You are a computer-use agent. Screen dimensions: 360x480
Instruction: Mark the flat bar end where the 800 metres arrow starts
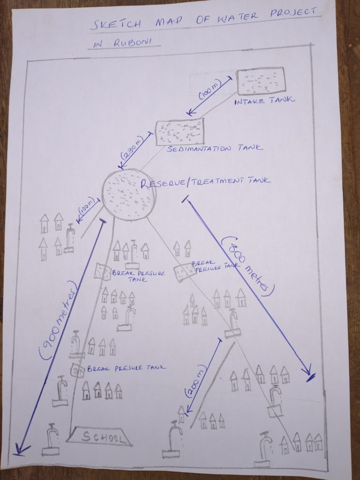pyautogui.click(x=186, y=199)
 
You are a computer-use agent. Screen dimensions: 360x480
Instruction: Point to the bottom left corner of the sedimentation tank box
pyautogui.click(x=157, y=145)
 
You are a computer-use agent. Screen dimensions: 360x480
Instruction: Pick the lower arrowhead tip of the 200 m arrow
pyautogui.click(x=187, y=412)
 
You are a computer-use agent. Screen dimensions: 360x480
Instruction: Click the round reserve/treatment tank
pyautogui.click(x=128, y=195)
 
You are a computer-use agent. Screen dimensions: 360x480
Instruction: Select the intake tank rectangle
pyautogui.click(x=261, y=81)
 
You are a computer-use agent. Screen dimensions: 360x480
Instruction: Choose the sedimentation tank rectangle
pyautogui.click(x=180, y=132)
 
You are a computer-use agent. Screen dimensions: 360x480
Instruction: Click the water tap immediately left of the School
pyautogui.click(x=51, y=440)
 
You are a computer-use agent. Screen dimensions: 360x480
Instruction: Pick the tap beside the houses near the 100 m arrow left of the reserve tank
pyautogui.click(x=69, y=238)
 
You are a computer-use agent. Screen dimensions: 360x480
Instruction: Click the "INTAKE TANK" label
pyautogui.click(x=264, y=101)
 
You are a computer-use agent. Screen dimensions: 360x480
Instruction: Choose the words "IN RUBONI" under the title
pyautogui.click(x=123, y=43)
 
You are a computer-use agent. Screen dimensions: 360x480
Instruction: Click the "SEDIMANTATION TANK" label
pyautogui.click(x=215, y=149)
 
